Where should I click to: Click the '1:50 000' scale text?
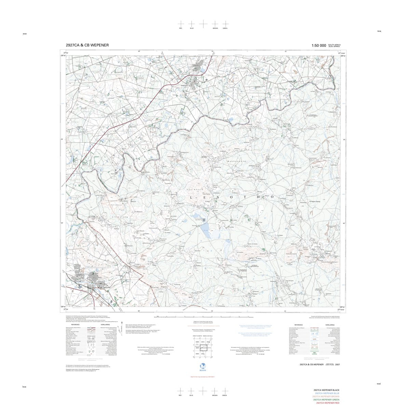coord(318,45)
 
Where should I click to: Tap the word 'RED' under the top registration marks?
coord(181,28)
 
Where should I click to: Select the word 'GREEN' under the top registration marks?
coord(225,28)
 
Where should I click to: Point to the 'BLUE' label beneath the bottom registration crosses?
coord(192,395)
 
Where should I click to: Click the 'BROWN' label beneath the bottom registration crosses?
coord(215,395)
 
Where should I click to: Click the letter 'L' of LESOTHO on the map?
coord(191,197)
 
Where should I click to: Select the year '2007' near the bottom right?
coord(338,365)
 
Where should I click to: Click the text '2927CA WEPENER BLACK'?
coord(326,390)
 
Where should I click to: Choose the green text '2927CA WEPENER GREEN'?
coord(326,400)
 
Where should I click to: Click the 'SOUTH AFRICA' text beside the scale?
coord(334,45)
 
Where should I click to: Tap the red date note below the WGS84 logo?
coord(204,377)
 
